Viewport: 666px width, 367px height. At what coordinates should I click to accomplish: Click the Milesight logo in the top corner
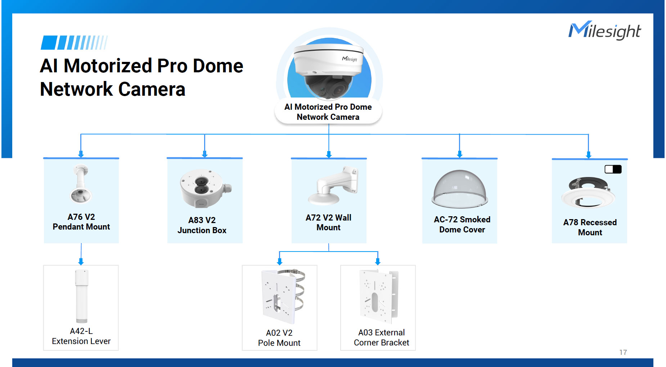click(604, 31)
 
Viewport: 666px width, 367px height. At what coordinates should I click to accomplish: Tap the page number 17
click(623, 352)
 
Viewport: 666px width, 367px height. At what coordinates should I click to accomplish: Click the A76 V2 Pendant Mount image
click(80, 184)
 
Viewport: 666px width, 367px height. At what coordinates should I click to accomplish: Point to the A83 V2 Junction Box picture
click(204, 188)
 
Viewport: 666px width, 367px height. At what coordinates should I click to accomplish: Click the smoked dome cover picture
click(460, 189)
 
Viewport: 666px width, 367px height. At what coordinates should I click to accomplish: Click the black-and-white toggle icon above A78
click(613, 169)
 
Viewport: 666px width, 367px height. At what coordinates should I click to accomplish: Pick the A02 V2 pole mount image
click(283, 296)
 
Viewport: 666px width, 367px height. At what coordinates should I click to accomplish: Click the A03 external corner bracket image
click(379, 296)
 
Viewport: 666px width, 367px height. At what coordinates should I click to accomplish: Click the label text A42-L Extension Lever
click(81, 336)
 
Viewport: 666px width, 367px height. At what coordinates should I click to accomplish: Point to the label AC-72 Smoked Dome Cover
click(462, 225)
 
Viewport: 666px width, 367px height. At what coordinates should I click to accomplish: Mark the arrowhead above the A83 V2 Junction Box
click(204, 154)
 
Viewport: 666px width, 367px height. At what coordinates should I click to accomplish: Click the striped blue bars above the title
click(74, 42)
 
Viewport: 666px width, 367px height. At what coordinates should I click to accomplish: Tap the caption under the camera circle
click(328, 112)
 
